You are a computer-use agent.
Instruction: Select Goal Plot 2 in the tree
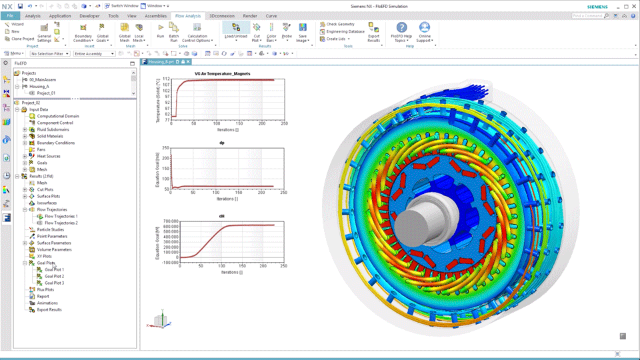pyautogui.click(x=54, y=276)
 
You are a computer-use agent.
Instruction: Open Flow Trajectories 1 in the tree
pyautogui.click(x=61, y=216)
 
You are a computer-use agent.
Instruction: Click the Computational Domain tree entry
pyautogui.click(x=57, y=116)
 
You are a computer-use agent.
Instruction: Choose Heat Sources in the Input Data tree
pyautogui.click(x=48, y=156)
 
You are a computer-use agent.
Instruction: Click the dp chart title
pyautogui.click(x=221, y=143)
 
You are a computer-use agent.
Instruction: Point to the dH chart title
pyautogui.click(x=221, y=216)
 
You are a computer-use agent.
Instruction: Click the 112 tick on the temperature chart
pyautogui.click(x=167, y=79)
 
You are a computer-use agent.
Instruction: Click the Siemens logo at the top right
pyautogui.click(x=597, y=6)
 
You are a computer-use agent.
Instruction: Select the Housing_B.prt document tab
pyautogui.click(x=161, y=61)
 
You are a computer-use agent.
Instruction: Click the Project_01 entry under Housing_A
pyautogui.click(x=45, y=93)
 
